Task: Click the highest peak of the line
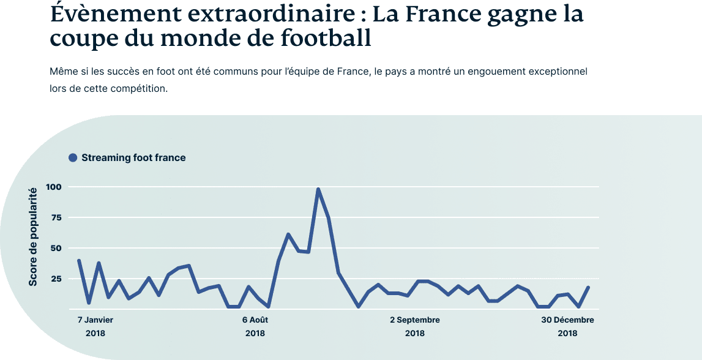click(318, 189)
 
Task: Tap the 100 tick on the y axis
click(54, 187)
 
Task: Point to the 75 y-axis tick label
click(57, 217)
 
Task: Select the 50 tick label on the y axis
click(57, 248)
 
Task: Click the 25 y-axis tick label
click(57, 279)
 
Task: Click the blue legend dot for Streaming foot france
click(73, 158)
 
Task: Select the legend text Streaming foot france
click(133, 158)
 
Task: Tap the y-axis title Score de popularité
click(34, 236)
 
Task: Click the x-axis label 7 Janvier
click(95, 320)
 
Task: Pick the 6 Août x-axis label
click(255, 320)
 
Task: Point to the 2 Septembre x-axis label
click(414, 320)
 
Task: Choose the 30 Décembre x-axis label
click(567, 320)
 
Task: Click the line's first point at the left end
click(79, 260)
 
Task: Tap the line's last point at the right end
click(588, 287)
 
